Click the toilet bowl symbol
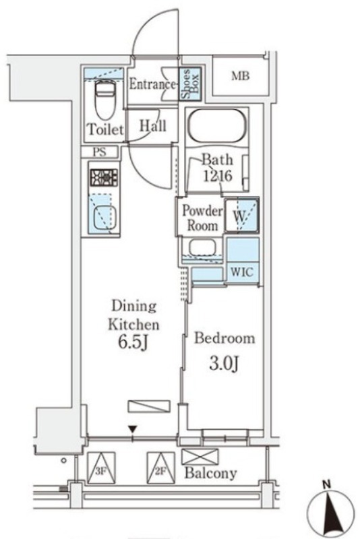104,99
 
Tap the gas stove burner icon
104,177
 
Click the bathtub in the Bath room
217,126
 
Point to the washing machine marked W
241,215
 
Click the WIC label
242,272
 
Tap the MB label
240,76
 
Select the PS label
100,152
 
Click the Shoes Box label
190,84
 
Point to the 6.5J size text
133,342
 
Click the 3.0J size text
224,363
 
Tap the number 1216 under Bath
218,176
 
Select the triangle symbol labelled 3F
100,468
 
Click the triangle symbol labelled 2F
160,468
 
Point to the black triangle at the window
133,429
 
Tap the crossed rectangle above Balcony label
200,457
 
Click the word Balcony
210,474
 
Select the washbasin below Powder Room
203,248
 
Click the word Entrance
152,84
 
